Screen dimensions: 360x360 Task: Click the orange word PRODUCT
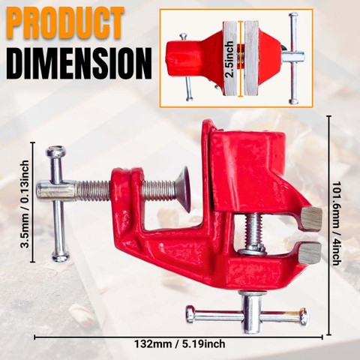66,22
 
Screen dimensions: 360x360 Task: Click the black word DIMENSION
80,64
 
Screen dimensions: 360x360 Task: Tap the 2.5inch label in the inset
229,58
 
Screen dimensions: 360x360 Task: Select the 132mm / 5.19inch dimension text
180,344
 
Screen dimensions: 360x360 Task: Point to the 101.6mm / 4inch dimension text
337,223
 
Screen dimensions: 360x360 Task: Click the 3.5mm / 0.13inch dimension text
24,204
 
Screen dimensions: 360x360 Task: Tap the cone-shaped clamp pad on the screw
183,190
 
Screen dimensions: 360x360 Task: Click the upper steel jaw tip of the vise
311,218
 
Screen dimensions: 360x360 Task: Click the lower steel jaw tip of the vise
310,253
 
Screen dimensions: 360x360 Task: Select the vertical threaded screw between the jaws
253,230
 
